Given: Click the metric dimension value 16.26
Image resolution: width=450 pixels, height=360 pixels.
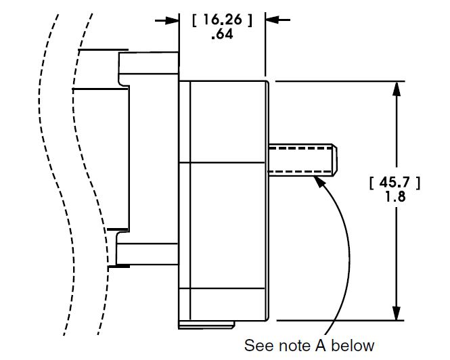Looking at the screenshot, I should pyautogui.click(x=222, y=20).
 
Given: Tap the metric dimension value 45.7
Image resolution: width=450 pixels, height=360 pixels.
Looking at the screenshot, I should pyautogui.click(x=396, y=183).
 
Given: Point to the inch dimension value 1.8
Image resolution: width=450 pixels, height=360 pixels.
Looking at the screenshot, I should pyautogui.click(x=396, y=198).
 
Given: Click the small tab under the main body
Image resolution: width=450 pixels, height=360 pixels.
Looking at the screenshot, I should pyautogui.click(x=207, y=325).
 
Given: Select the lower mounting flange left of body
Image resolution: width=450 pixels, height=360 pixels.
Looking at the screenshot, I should pyautogui.click(x=145, y=252).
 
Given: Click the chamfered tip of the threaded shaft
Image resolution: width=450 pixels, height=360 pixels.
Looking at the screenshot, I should pyautogui.click(x=333, y=159).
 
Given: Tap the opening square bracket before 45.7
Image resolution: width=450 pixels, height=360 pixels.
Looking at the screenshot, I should pyautogui.click(x=372, y=183).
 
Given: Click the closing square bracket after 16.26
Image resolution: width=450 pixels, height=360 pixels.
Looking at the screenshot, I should pyautogui.click(x=250, y=20).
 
